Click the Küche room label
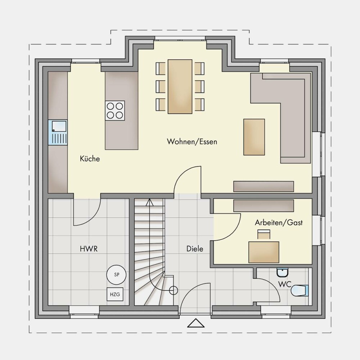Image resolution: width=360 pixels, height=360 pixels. [x=90, y=159]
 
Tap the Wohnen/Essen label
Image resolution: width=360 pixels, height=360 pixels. [x=192, y=141]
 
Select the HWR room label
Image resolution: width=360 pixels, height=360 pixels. [x=89, y=249]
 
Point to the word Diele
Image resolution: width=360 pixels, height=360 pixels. [x=195, y=249]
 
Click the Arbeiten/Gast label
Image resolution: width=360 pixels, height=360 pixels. [x=279, y=222]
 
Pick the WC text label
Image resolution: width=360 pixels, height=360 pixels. [x=285, y=284]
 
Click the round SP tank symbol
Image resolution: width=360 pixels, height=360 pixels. [x=116, y=274]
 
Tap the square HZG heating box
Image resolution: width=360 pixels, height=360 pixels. [x=115, y=294]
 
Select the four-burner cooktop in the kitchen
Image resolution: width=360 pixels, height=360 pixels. [x=115, y=111]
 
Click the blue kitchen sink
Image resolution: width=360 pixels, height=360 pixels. [x=58, y=132]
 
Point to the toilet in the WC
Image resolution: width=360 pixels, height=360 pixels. [x=300, y=291]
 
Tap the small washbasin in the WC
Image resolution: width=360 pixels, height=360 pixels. [x=282, y=273]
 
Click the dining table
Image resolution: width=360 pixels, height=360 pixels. [x=180, y=86]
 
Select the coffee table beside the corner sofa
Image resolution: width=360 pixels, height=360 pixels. [x=254, y=137]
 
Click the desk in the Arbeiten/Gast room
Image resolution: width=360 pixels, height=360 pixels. [x=264, y=252]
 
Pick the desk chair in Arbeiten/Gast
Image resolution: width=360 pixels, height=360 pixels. [x=264, y=234]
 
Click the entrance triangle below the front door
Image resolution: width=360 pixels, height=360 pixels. [x=196, y=323]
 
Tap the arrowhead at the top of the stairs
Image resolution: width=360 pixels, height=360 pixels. [x=149, y=202]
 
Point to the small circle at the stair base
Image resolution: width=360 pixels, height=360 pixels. [x=174, y=291]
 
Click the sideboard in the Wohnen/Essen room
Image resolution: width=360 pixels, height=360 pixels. [x=264, y=186]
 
